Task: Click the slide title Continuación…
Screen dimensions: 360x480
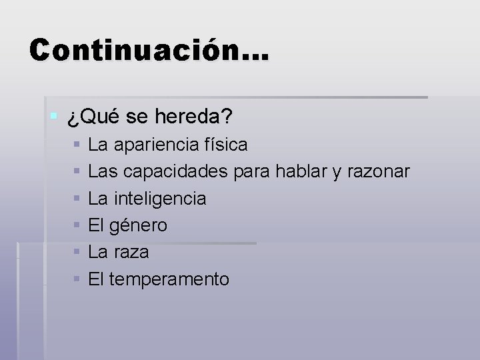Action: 149,50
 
